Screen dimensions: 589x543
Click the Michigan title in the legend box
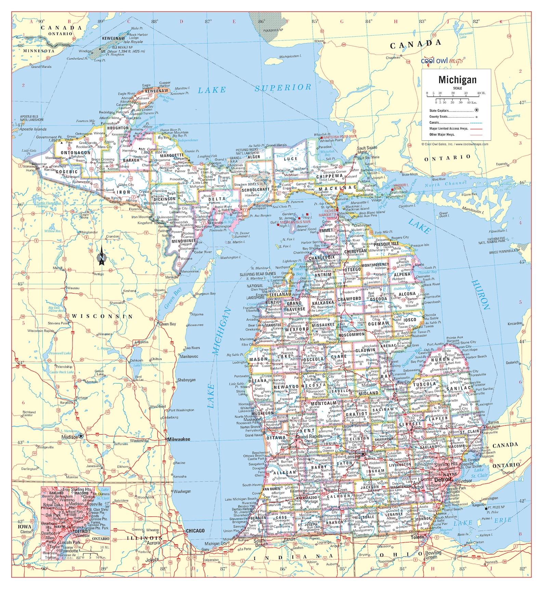click(457, 80)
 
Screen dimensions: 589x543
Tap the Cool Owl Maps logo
click(442, 61)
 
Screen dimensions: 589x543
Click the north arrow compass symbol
click(102, 258)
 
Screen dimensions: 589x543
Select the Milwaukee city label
click(178, 439)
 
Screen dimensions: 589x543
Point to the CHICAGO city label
click(195, 530)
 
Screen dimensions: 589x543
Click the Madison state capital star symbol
click(81, 436)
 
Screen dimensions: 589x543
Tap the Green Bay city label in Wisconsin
click(168, 324)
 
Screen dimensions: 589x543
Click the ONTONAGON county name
click(76, 153)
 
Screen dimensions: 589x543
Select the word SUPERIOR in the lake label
click(283, 88)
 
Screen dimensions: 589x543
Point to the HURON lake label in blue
click(481, 294)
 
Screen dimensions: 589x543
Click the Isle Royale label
click(133, 42)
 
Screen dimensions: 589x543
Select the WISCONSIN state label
click(102, 316)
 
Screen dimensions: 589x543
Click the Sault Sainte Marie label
click(367, 150)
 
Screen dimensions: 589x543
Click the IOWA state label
click(25, 527)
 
